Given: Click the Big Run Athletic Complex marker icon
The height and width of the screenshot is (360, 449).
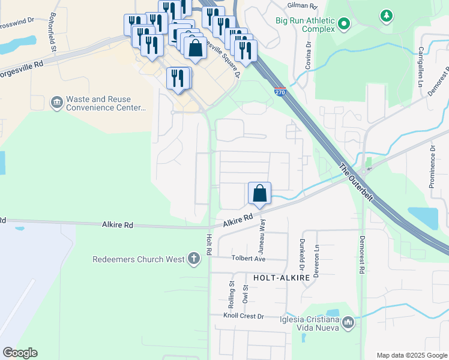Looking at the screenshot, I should pos(344,25).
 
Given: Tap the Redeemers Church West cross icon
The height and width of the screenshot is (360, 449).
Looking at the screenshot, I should pos(193,259).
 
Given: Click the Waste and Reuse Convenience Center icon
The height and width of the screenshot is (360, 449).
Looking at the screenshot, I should pos(56,103).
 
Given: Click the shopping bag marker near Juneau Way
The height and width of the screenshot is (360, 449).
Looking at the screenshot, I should pos(259,194).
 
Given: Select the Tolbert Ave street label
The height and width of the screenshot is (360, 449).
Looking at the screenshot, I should pos(249,259).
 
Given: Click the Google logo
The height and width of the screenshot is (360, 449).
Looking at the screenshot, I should pos(20,353).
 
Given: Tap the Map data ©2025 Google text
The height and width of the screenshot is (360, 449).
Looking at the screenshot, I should pos(412,355).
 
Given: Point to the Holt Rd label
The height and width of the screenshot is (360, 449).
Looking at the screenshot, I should pos(209,245).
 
